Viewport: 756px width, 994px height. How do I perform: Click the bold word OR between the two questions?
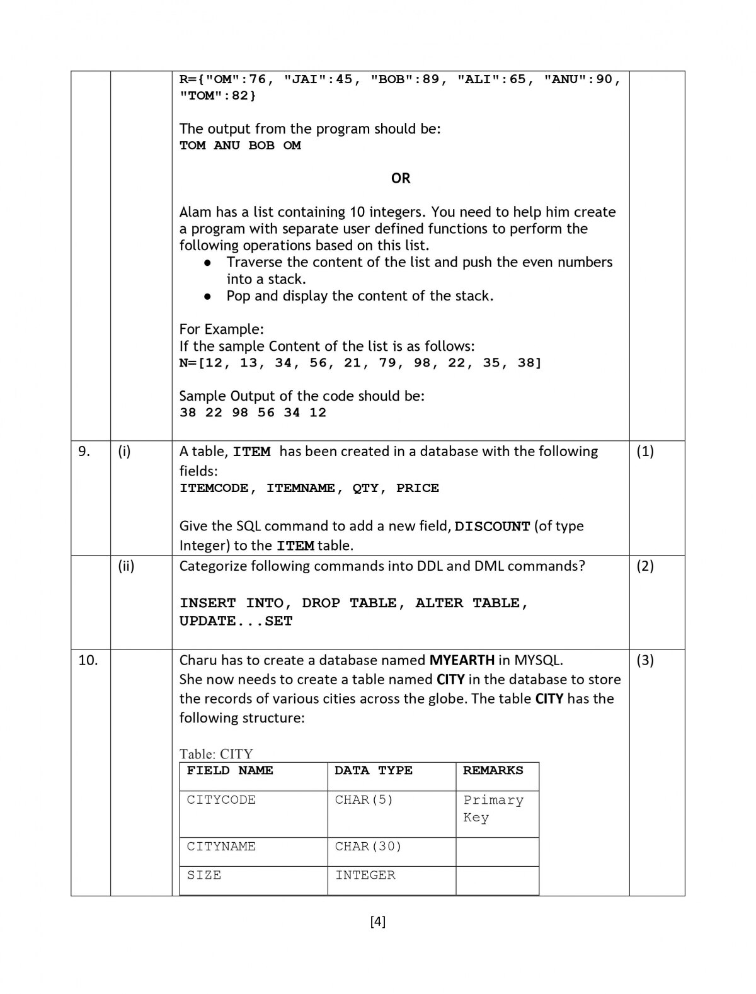401,178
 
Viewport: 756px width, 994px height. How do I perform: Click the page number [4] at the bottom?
378,922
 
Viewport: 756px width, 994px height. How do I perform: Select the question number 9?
84,451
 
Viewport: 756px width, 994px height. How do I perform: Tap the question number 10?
88,660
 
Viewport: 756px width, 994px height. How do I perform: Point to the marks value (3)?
645,660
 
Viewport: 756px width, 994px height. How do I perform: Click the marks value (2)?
645,566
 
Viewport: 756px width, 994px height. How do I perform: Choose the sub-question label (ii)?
126,566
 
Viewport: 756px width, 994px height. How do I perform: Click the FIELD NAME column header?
230,770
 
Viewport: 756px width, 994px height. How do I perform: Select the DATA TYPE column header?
374,770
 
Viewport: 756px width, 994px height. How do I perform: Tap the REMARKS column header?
493,770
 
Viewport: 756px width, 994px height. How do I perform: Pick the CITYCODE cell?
221,800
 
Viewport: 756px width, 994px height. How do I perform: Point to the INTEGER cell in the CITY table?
365,875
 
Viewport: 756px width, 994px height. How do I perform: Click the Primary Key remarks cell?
493,809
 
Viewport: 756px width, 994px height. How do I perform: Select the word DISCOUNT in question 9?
492,527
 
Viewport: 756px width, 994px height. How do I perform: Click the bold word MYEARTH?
462,660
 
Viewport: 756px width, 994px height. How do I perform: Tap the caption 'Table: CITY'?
216,754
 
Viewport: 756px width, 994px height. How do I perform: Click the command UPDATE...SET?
236,621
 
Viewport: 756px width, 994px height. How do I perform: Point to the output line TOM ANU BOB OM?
240,146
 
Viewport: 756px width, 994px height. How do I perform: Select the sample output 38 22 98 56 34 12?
253,413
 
